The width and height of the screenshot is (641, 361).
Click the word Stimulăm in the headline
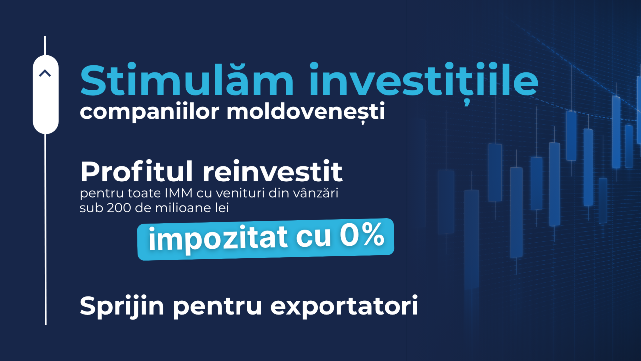[x=186, y=80]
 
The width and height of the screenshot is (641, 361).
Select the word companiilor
[x=150, y=112]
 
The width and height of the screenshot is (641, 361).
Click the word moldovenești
[x=305, y=112]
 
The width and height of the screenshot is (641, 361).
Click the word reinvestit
[x=273, y=173]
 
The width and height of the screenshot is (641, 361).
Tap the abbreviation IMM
[x=178, y=193]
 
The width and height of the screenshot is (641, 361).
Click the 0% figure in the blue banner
[x=362, y=236]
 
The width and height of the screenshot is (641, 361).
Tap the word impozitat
[x=218, y=238]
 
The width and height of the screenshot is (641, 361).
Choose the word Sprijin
[x=122, y=307]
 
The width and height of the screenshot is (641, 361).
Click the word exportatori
[x=344, y=307]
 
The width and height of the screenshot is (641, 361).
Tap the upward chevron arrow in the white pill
[x=45, y=73]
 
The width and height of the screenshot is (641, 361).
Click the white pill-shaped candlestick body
[x=46, y=94]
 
